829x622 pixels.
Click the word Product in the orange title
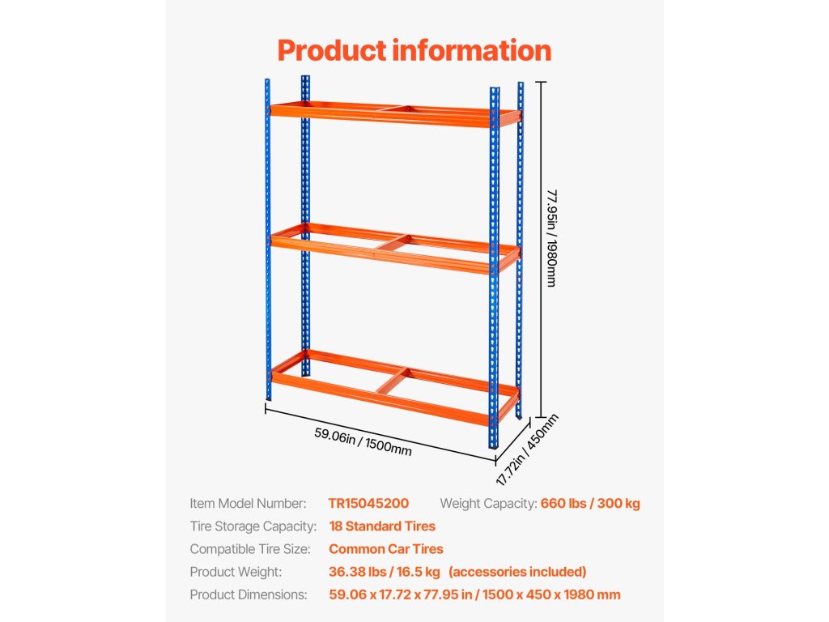coord(331,50)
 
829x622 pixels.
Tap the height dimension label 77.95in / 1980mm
coord(551,238)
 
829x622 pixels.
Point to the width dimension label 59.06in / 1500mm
coord(363,443)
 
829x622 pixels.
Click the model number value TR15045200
coord(368,504)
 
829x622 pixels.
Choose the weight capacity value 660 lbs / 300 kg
coord(589,504)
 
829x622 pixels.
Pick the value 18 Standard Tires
coord(382,526)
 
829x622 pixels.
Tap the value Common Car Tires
coord(386,549)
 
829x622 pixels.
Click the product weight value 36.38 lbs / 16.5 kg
coord(385,572)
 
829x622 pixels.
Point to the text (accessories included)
coord(517,572)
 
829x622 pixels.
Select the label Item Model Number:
coord(249,504)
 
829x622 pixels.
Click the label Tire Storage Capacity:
coord(253,526)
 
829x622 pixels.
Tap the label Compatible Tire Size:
coord(250,549)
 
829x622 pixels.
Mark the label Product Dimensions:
coord(249,594)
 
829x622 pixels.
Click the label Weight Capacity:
coord(488,504)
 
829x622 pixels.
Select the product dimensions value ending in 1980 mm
coord(474,594)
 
